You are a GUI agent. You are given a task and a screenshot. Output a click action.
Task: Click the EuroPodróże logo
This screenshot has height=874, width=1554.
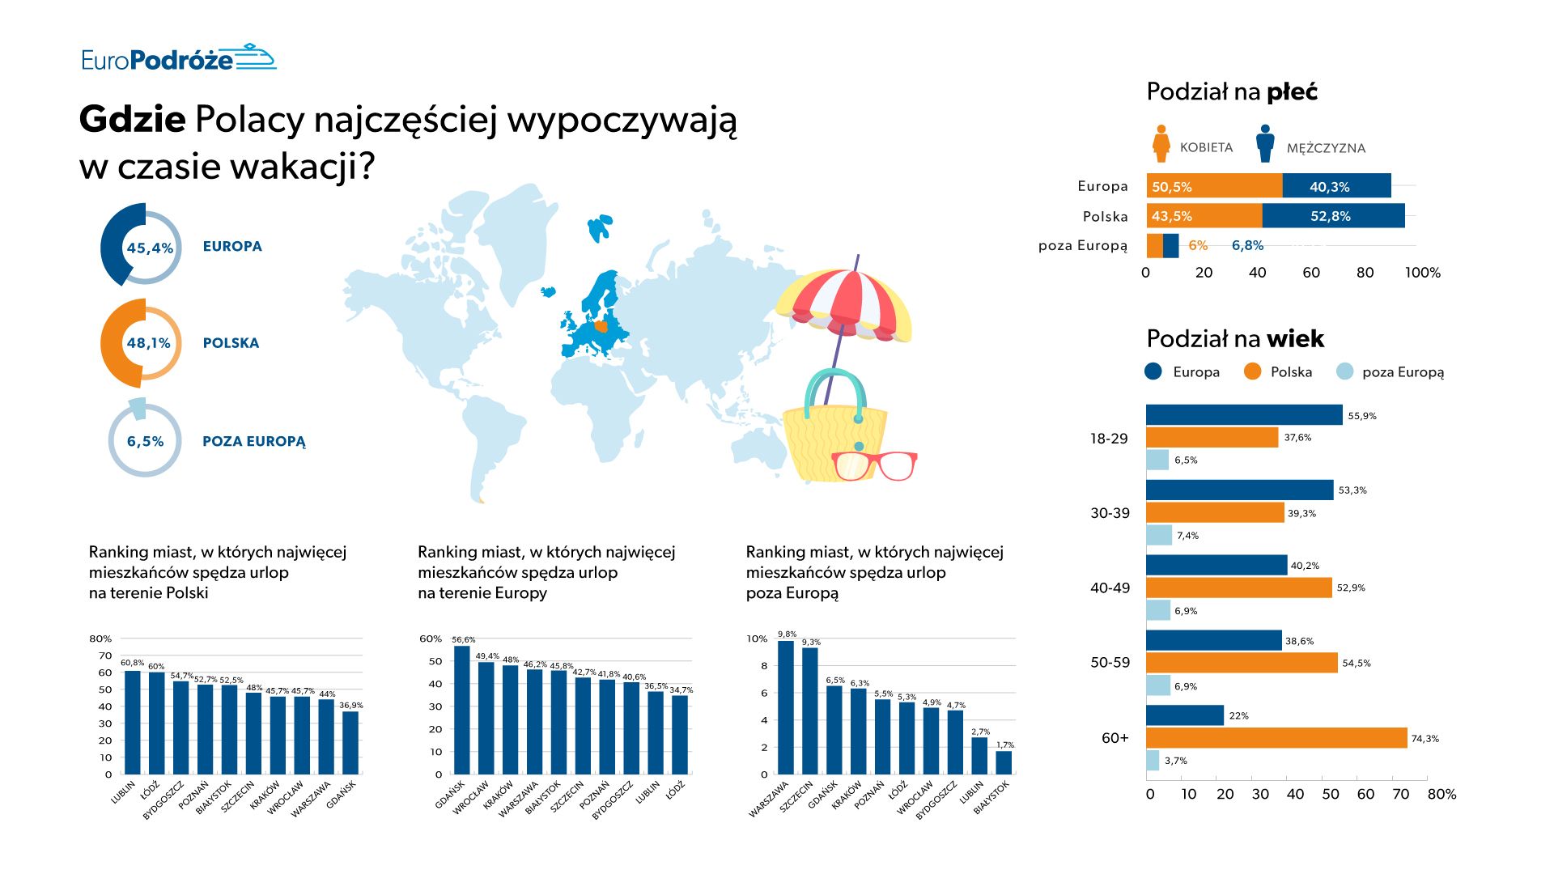point(178,58)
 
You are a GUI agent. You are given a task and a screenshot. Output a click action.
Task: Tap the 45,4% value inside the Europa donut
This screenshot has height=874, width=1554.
point(149,248)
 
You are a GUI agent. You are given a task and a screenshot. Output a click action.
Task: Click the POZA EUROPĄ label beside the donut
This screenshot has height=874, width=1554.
point(253,441)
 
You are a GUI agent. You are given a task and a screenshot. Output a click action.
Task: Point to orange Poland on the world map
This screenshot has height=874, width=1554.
point(601,327)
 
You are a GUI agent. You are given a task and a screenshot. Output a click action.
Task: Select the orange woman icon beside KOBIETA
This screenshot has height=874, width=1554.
point(1161,144)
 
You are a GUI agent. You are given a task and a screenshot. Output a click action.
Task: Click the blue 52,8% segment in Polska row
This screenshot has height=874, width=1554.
point(1333,216)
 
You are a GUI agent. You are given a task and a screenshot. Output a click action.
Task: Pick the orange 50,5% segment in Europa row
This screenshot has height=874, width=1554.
point(1213,186)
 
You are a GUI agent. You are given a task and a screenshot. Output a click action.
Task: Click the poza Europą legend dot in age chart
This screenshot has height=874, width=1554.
point(1344,371)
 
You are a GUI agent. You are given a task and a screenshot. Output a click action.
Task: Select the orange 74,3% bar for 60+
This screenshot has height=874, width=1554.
point(1276,737)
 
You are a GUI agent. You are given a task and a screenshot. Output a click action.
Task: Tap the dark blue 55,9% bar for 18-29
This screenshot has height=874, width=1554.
point(1243,415)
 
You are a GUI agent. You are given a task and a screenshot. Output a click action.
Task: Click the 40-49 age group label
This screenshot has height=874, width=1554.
point(1109,588)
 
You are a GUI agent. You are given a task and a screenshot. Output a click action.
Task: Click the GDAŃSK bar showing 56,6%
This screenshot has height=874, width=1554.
point(461,710)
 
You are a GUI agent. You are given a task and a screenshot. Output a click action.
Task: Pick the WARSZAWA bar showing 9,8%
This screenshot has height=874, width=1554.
point(785,707)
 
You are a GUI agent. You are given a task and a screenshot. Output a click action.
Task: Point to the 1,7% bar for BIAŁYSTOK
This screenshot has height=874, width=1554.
point(1004,762)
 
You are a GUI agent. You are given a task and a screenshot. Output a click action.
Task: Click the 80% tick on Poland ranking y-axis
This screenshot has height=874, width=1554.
point(100,639)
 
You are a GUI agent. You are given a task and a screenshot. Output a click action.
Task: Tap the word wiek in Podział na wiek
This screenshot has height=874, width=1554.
point(1295,338)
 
